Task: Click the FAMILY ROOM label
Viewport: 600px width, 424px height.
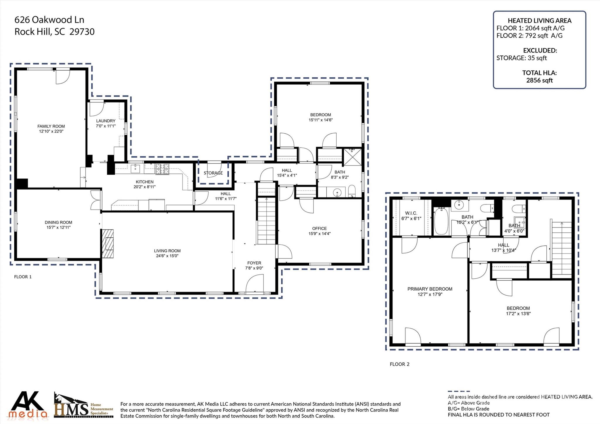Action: pos(51,126)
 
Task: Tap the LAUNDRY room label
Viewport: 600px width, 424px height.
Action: pos(106,121)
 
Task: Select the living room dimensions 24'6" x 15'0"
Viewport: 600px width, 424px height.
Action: pos(167,256)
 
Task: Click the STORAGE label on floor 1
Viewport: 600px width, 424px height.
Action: pos(213,173)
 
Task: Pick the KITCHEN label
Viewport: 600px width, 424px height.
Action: pos(145,182)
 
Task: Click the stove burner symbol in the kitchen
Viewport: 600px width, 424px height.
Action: pos(162,169)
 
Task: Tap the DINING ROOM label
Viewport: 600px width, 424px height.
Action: pos(58,222)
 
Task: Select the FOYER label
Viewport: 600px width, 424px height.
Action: pos(254,263)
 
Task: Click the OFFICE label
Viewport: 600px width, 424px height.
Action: pos(319,228)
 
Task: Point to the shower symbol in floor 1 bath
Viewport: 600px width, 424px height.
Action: pos(353,157)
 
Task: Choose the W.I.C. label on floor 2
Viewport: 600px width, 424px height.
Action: pos(411,213)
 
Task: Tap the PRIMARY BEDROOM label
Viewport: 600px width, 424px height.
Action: pos(430,289)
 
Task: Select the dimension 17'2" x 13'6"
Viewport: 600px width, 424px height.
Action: pos(518,314)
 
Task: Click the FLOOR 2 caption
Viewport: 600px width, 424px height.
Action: pos(400,364)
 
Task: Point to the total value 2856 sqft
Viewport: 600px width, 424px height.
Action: pos(539,80)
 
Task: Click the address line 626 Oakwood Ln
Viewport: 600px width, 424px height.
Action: pos(49,20)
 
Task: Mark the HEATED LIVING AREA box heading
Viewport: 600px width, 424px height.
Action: pos(539,21)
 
